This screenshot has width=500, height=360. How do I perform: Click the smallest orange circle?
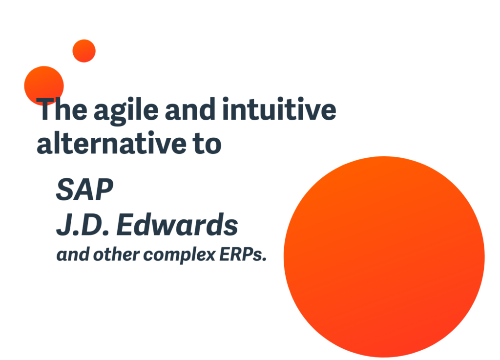84,51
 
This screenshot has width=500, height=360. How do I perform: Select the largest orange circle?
384,256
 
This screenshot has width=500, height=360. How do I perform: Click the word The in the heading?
62,109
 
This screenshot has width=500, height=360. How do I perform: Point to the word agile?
126,110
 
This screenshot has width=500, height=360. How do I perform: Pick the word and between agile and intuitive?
190,109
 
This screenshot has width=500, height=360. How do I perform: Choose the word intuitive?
279,109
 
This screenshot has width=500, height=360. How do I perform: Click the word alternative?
111,143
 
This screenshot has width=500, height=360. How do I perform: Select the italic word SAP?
84,190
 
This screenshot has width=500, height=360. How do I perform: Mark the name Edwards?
177,224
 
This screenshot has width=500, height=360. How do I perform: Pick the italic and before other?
73,254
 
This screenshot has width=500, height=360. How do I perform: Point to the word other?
116,254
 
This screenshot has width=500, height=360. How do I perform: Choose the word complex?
179,256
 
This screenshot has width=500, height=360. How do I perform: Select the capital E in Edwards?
126,225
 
